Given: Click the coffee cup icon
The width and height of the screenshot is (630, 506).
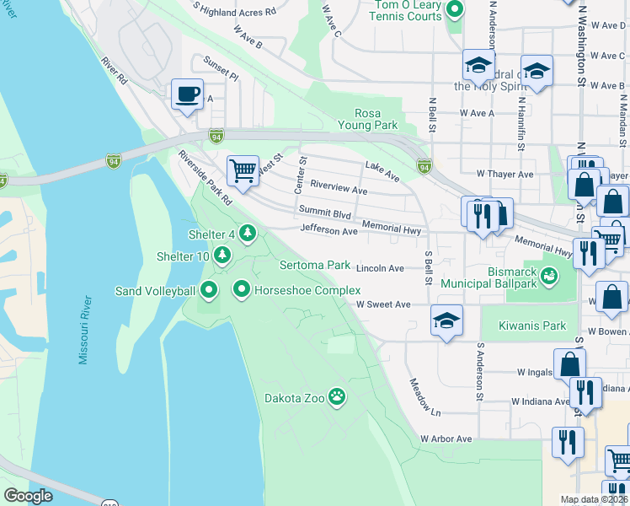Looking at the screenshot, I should point(188,93).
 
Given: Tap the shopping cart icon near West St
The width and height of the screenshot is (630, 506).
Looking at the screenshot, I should point(243,169).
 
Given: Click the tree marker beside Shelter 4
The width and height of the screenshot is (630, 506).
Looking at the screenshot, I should point(247,233).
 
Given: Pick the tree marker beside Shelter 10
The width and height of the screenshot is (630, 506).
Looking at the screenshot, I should point(222,255).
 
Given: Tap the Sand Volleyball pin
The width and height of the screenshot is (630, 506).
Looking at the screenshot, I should point(210,291).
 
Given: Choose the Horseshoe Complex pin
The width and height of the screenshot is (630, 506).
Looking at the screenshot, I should point(242,291).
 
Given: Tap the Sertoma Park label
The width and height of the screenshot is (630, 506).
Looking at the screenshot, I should point(315,265).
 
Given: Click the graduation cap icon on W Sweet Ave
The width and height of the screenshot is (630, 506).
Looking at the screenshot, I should point(446,320).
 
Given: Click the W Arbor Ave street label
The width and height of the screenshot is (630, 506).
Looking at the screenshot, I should point(446,439).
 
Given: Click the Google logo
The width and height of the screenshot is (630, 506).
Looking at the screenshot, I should point(28,496).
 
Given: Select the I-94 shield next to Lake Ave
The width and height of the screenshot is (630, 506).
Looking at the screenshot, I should point(424,166).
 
